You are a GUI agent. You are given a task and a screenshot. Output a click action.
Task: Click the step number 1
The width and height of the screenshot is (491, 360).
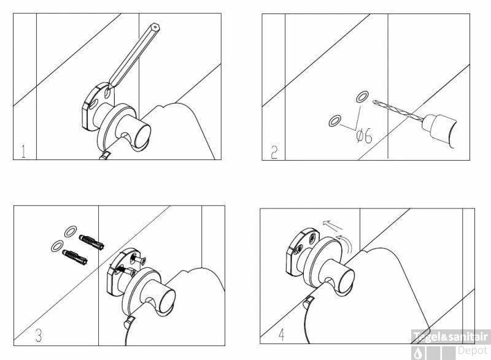tap(23, 151)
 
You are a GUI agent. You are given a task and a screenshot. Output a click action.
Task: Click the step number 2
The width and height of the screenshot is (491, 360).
tap(274, 152)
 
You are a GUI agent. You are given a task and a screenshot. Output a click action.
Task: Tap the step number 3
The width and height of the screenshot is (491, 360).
tap(38, 335)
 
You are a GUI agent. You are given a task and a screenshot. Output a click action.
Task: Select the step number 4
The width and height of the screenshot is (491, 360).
tap(282, 335)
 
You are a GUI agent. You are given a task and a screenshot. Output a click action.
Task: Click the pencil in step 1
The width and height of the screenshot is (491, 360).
tap(134, 55)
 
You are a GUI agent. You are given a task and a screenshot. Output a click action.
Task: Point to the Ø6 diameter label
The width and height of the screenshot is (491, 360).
tap(365, 136)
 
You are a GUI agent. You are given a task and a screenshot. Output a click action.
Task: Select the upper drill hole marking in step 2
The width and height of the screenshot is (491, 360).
tap(362, 96)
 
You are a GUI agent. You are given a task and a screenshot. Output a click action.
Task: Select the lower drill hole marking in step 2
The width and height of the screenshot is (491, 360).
tap(334, 121)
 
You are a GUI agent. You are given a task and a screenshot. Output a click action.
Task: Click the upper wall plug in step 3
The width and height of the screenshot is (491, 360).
tap(91, 241)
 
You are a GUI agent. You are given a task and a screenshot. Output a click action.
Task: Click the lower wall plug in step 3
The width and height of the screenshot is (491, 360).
tap(75, 257)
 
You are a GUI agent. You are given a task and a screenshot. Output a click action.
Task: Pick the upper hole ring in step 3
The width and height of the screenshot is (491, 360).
tap(70, 231)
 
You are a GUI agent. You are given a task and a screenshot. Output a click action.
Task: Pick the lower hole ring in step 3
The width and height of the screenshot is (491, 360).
tap(57, 246)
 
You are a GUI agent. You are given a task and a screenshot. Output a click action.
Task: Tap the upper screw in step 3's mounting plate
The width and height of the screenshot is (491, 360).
tap(139, 259)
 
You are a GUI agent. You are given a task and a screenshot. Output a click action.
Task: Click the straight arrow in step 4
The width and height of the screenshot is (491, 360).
tap(333, 224)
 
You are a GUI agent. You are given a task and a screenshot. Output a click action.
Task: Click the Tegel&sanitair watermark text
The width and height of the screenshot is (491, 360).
tap(450, 337)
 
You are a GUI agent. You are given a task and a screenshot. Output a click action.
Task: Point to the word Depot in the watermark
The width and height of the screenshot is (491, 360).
tap(473, 351)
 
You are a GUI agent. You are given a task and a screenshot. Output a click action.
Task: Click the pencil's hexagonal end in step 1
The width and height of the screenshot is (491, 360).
tap(155, 28)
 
